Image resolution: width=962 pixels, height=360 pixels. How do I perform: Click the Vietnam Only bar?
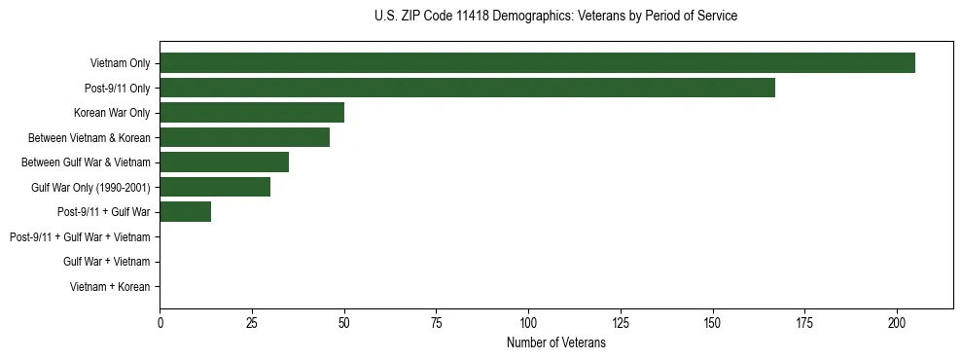(537, 63)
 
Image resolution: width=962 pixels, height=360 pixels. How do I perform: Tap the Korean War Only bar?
(252, 112)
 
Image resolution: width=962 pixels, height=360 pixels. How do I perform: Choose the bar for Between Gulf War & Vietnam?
(224, 162)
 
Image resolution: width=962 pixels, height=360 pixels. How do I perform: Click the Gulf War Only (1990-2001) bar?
(215, 187)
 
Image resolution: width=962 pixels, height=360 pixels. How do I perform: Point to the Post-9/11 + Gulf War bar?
(185, 211)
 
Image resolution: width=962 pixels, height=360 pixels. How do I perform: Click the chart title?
(555, 17)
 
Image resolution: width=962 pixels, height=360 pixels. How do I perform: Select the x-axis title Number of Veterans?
(555, 342)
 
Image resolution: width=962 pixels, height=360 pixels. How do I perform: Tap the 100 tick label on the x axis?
(528, 322)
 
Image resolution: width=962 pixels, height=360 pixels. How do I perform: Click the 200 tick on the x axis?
(897, 322)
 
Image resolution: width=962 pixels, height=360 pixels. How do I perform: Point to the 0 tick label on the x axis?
(160, 322)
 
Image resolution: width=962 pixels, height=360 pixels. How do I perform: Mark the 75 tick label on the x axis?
(436, 322)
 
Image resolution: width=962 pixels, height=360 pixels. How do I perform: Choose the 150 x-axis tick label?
(713, 322)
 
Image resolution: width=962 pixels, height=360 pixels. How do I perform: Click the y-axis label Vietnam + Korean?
(110, 287)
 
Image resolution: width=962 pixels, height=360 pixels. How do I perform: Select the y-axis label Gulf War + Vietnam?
(106, 262)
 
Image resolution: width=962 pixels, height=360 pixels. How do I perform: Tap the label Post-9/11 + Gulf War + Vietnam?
(80, 236)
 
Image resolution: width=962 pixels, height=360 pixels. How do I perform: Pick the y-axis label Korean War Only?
(112, 113)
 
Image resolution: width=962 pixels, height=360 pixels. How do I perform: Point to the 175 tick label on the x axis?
(804, 322)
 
